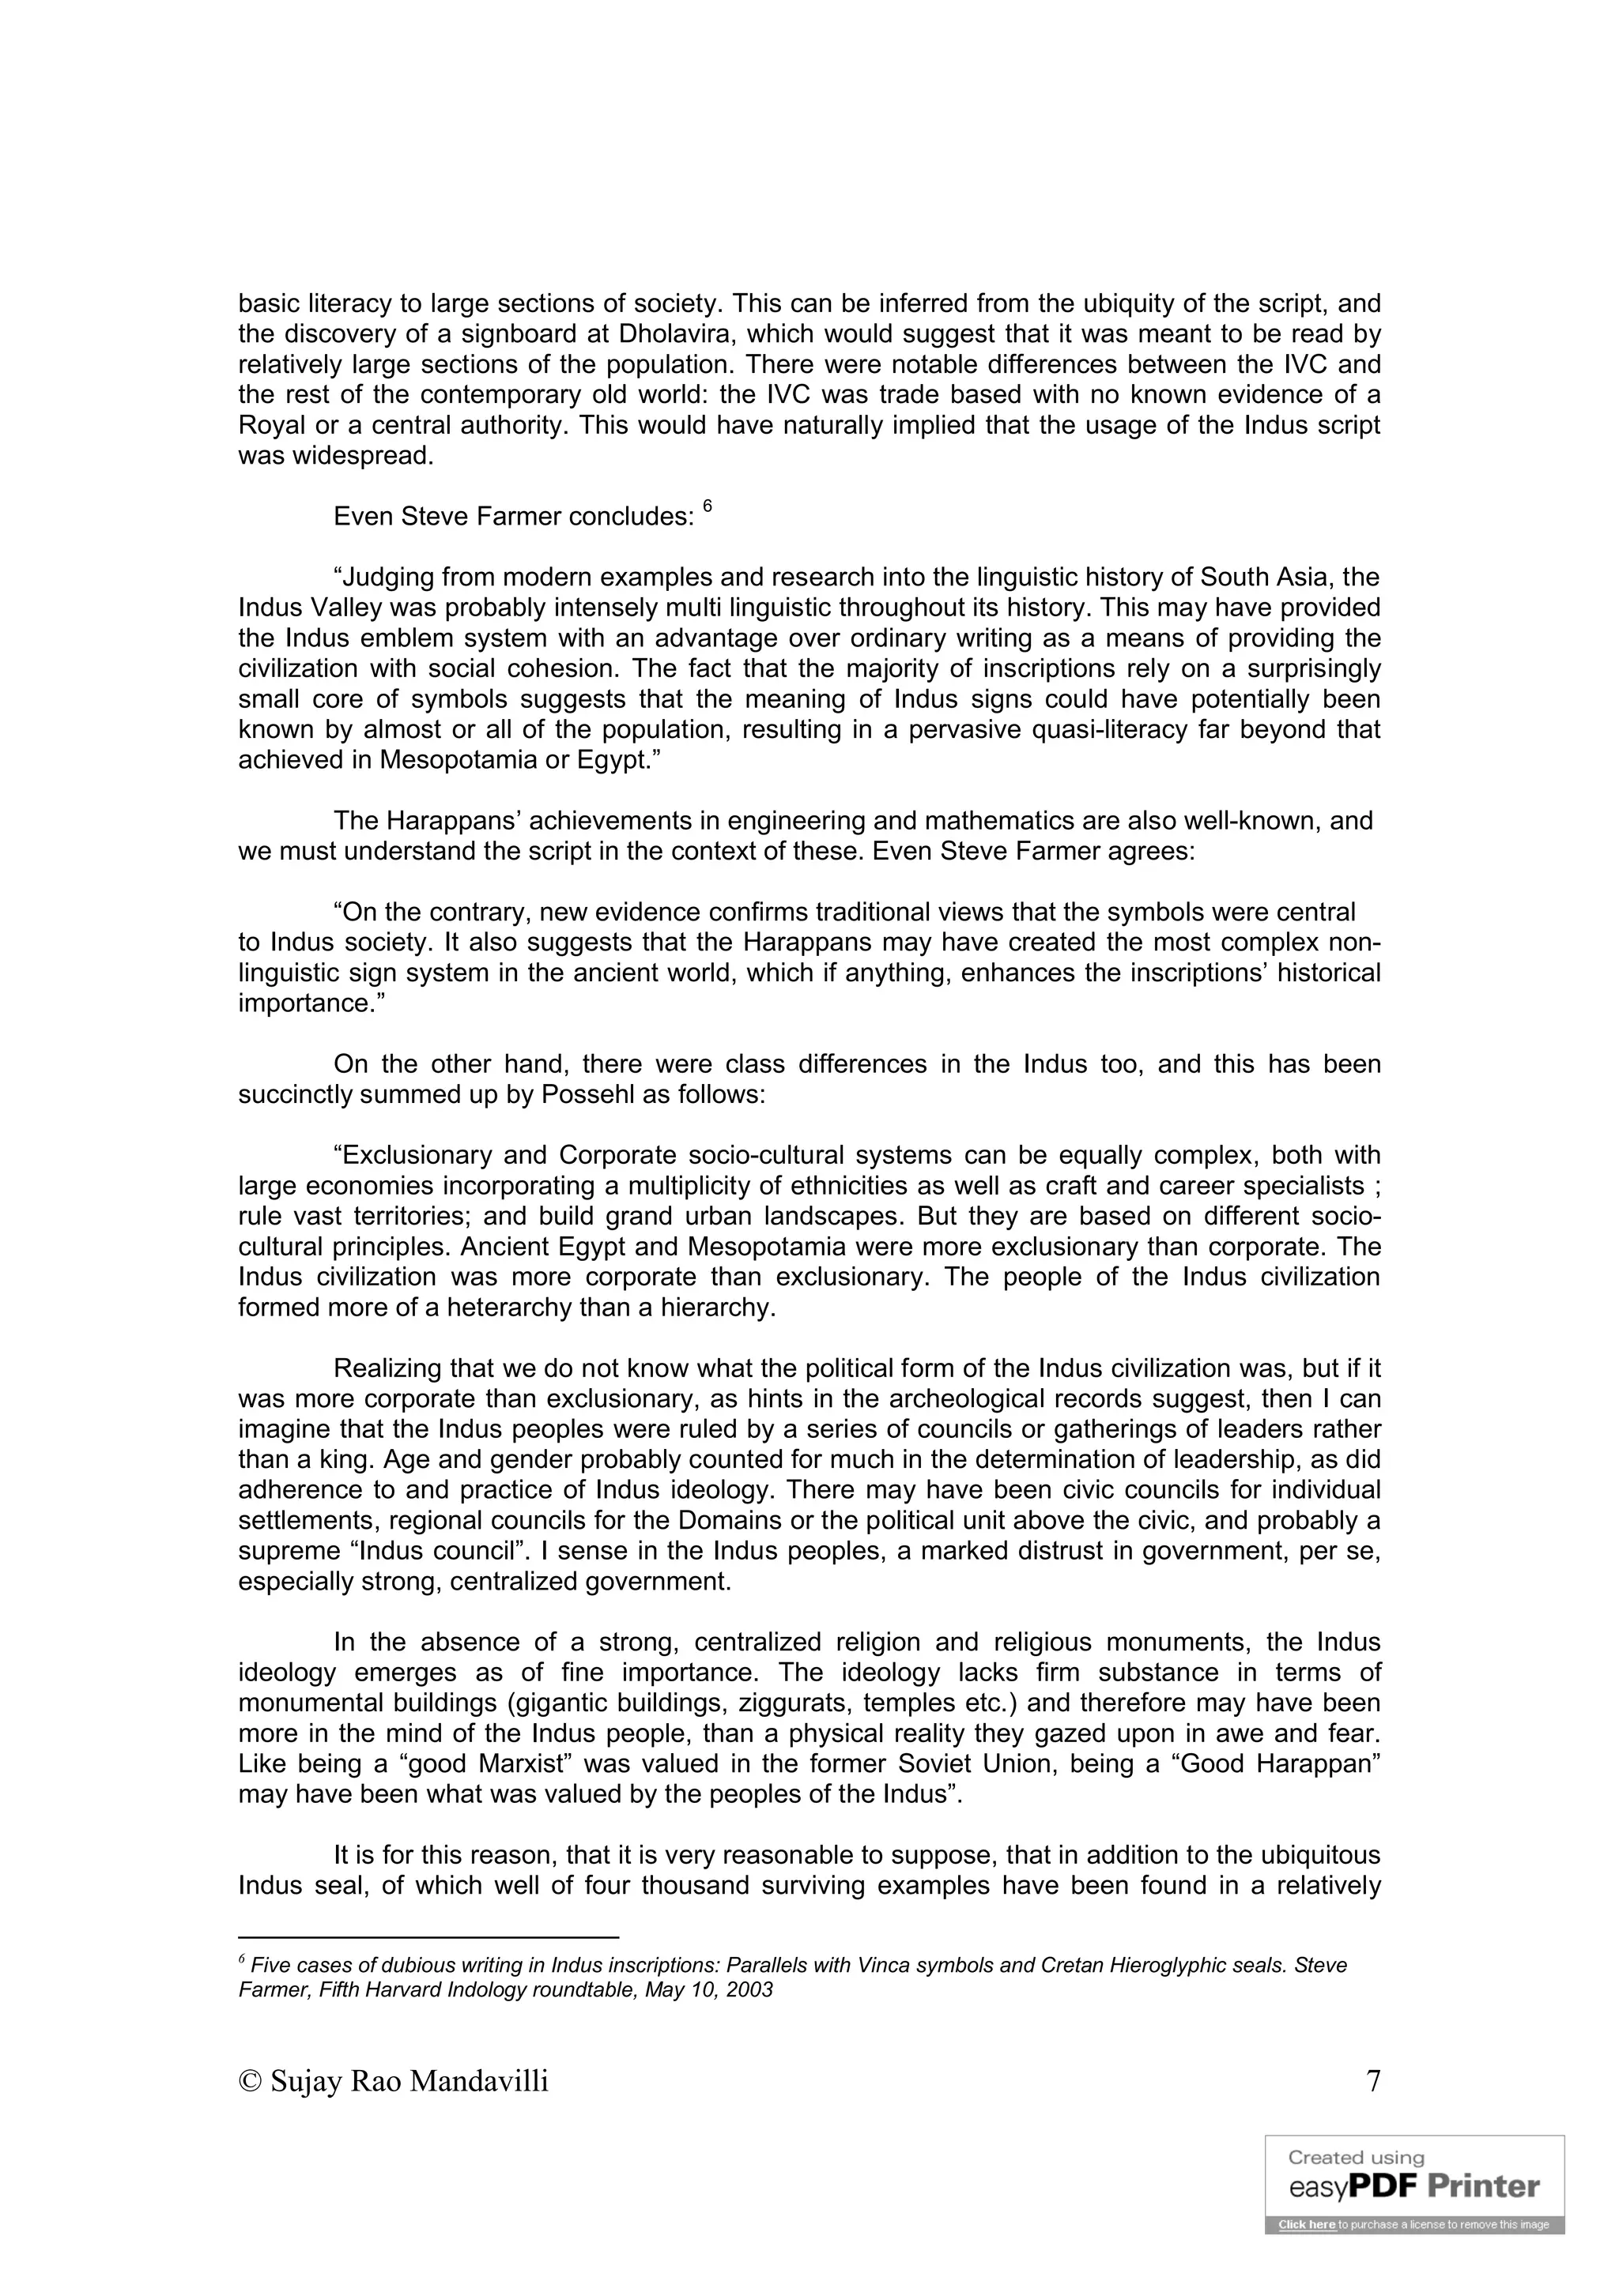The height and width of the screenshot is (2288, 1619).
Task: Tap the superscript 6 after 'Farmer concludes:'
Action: coord(707,506)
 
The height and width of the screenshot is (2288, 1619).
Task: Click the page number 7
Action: coord(1373,2082)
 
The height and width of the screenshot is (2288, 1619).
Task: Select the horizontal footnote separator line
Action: coord(428,1936)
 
